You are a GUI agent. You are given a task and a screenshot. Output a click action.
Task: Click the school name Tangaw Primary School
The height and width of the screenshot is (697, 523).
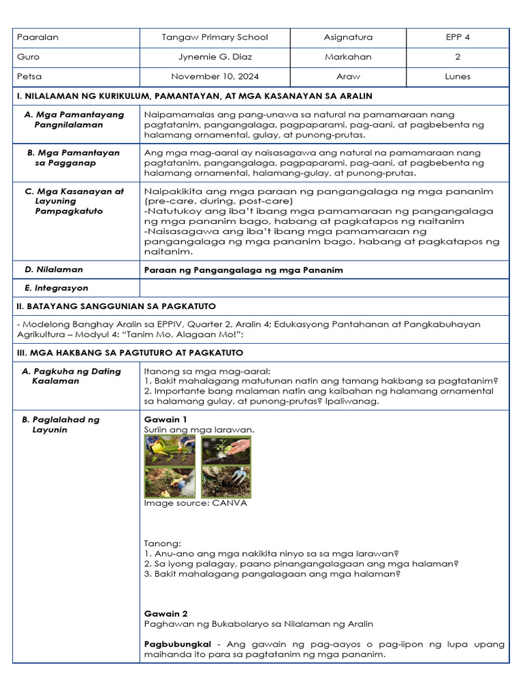tap(215, 37)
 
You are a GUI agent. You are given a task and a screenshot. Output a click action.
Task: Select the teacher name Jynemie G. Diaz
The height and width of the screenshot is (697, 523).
tap(215, 57)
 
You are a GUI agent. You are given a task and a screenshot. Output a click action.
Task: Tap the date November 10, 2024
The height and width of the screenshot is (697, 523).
tap(215, 76)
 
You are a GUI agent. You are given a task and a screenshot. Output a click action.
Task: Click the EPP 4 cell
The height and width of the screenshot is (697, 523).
tap(457, 37)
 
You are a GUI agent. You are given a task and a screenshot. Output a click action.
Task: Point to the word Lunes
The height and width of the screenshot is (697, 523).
tap(457, 76)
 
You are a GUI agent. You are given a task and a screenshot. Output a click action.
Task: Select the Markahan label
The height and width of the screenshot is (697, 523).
tap(348, 57)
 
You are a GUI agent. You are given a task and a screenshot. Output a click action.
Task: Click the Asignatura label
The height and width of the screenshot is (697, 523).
tap(348, 37)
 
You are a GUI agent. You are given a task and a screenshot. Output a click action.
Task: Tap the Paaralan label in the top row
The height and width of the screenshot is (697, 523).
tap(37, 37)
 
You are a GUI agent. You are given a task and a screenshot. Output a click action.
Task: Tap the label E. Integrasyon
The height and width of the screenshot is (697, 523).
tap(61, 288)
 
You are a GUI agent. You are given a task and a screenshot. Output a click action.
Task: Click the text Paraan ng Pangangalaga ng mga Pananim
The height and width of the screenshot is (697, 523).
tap(243, 270)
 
